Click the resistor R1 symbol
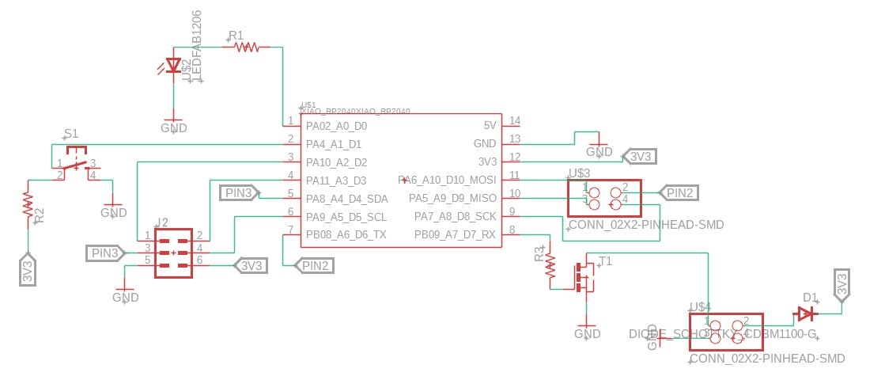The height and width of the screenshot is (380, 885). (247, 47)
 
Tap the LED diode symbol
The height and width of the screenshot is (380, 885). (174, 66)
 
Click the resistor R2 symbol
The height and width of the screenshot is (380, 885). (28, 205)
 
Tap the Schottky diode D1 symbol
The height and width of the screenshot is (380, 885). (805, 314)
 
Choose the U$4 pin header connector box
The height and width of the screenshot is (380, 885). (725, 332)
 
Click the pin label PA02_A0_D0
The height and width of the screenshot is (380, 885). (336, 126)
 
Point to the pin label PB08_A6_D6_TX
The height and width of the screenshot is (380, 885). (346, 234)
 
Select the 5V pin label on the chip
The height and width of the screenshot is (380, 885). (490, 126)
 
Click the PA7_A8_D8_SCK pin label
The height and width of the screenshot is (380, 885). (456, 216)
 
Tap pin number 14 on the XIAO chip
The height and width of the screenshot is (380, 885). (515, 121)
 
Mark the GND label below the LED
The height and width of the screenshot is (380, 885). (174, 127)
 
